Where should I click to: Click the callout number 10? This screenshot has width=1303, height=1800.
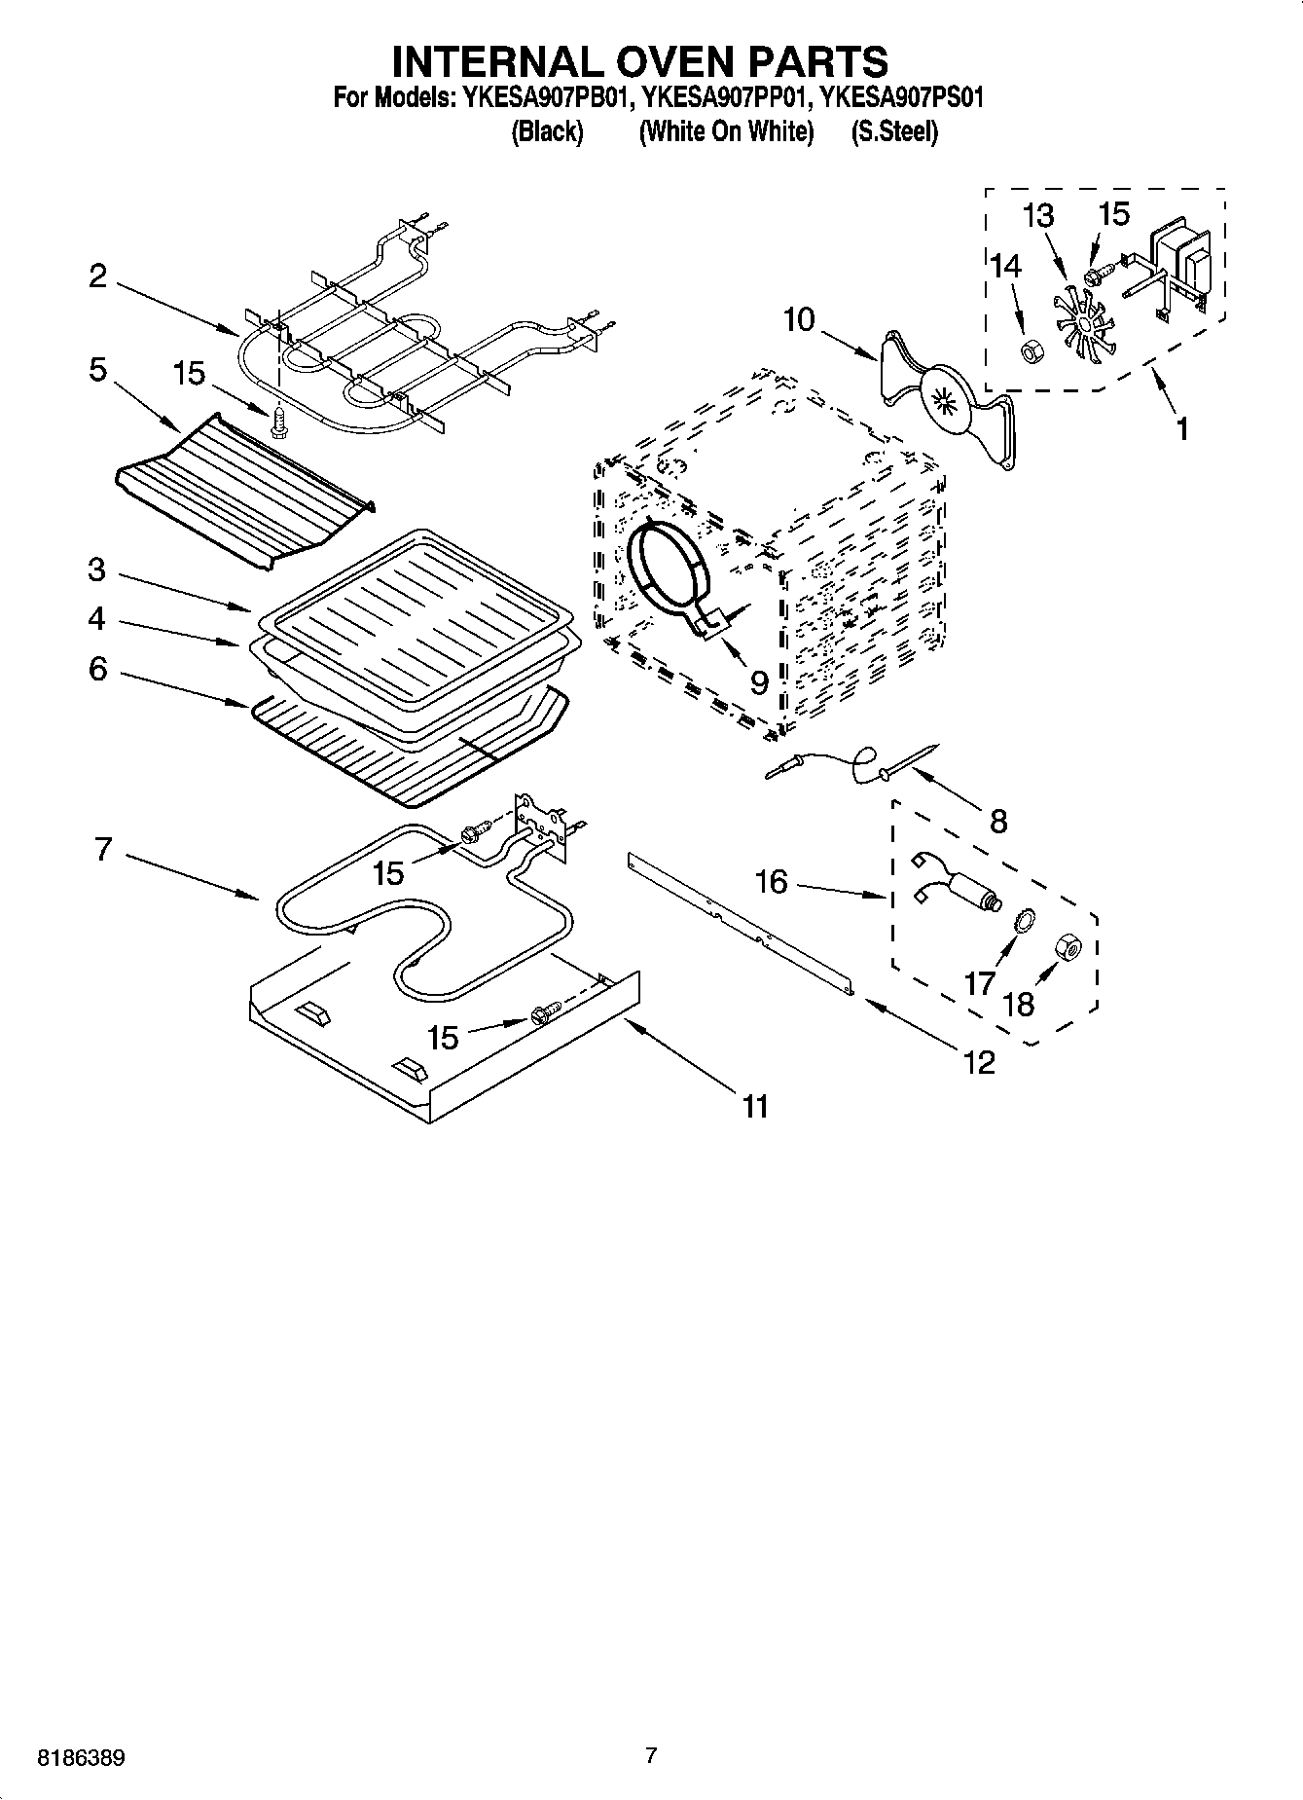coord(798,319)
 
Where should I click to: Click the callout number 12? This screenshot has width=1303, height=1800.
coord(979,1062)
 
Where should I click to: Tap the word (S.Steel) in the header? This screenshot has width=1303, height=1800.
coord(893,132)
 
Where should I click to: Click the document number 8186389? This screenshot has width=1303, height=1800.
coord(81,1759)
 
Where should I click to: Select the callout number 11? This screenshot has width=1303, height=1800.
coord(755,1106)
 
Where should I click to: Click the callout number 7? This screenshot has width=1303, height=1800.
coord(104,849)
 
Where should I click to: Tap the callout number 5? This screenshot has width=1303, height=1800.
coord(97,371)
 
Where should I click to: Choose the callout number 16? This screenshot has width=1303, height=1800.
coord(771,882)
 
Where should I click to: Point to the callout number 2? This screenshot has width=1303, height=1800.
coord(97,276)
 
